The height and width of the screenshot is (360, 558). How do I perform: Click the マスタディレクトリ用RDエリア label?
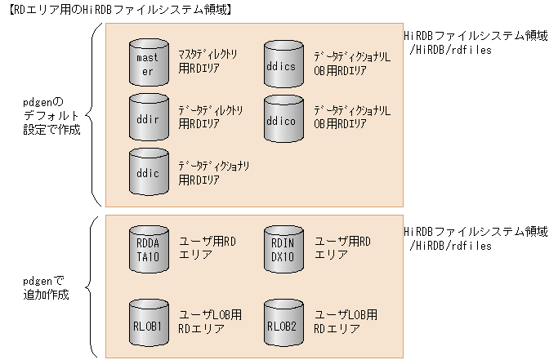[x=208, y=63]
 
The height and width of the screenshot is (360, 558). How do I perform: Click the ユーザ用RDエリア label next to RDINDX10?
[x=342, y=247]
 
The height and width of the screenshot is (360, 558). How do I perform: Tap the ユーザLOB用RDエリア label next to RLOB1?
[x=210, y=322]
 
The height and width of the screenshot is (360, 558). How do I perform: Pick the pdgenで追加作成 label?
[x=47, y=287]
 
